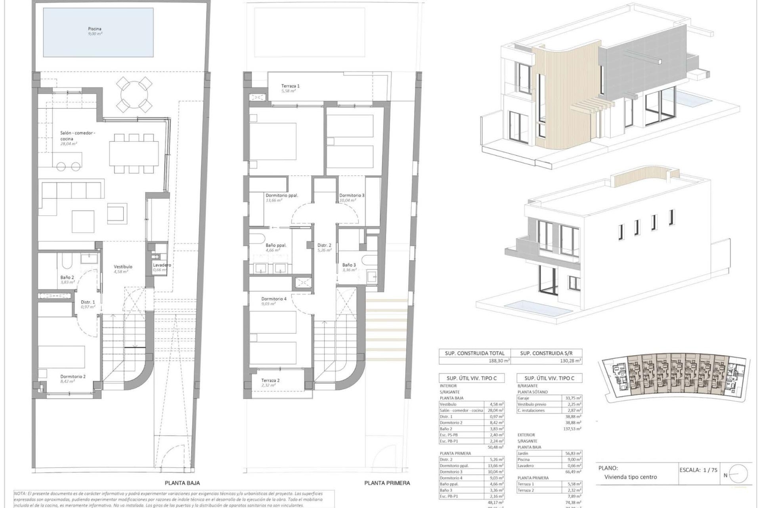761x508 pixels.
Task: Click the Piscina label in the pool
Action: pyautogui.click(x=95, y=29)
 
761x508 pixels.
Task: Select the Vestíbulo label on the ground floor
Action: pyautogui.click(x=123, y=267)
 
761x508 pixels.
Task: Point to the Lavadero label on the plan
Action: pyautogui.click(x=162, y=265)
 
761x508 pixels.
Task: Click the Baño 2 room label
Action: pyautogui.click(x=67, y=277)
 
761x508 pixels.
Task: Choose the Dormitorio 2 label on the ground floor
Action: pyautogui.click(x=73, y=377)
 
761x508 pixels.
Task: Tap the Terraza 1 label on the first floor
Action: pyautogui.click(x=290, y=86)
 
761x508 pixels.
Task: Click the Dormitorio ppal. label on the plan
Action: pyautogui.click(x=281, y=195)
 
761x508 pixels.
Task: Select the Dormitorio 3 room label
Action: pyautogui.click(x=352, y=195)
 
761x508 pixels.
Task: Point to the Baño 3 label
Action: pyautogui.click(x=349, y=265)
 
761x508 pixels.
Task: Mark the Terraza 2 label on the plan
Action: pyautogui.click(x=270, y=380)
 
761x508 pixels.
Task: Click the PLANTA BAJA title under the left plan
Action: pyautogui.click(x=182, y=483)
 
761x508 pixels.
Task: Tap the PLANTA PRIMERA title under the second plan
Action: pyautogui.click(x=387, y=483)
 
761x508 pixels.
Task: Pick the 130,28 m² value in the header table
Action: pyautogui.click(x=569, y=361)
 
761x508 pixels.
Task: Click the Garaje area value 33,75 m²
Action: pyautogui.click(x=572, y=398)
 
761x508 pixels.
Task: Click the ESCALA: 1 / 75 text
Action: pyautogui.click(x=698, y=470)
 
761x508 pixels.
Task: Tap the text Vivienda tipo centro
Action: pyautogui.click(x=630, y=477)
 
